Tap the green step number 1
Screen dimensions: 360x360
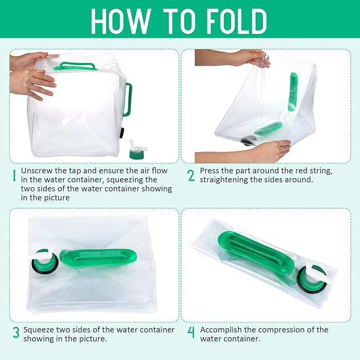[14, 175]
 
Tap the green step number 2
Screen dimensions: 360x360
[191, 175]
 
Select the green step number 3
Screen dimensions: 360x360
[15, 333]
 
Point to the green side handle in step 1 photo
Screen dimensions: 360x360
[127, 99]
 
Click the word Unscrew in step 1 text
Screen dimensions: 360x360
[37, 171]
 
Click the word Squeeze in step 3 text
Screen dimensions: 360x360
[38, 330]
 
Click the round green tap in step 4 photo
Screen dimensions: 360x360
[312, 279]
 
